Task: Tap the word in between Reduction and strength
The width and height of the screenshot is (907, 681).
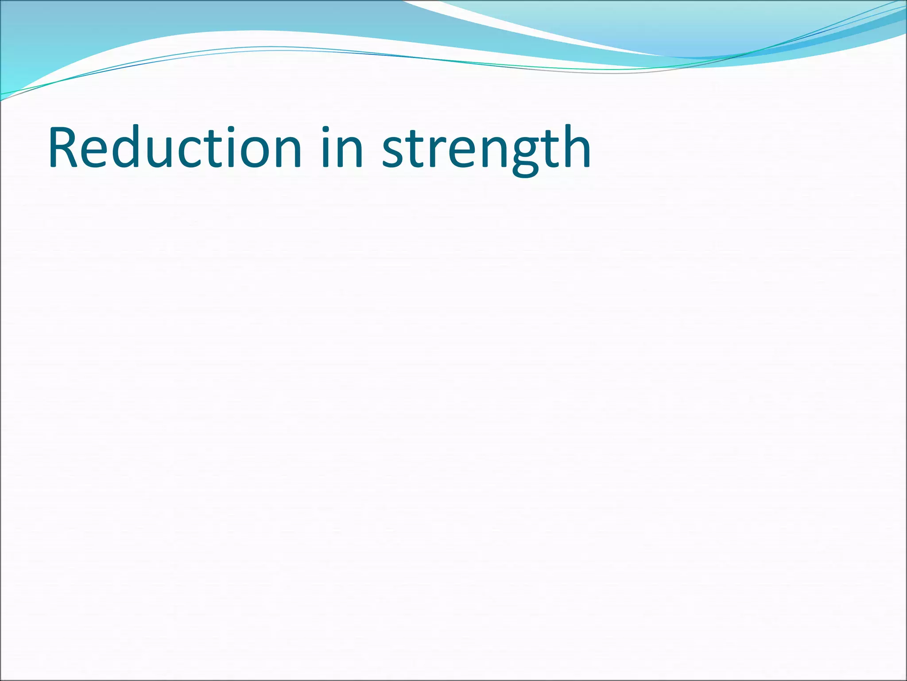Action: coord(342,148)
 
